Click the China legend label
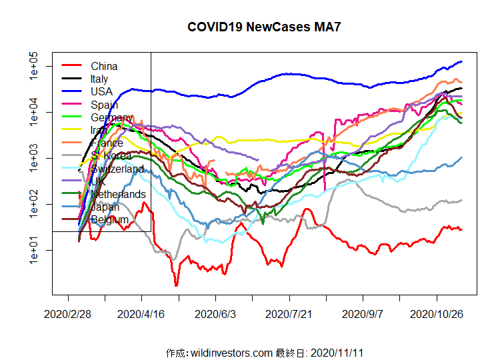[x=104, y=66]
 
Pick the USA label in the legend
[x=101, y=91]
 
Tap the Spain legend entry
[x=104, y=105]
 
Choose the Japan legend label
[x=106, y=207]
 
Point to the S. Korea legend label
[x=111, y=156]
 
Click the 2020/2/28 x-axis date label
[x=67, y=313]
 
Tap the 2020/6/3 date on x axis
[x=215, y=313]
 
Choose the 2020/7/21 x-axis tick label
[x=289, y=313]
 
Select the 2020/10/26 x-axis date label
[x=436, y=313]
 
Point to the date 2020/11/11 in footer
[x=337, y=352]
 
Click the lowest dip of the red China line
[x=177, y=285]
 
